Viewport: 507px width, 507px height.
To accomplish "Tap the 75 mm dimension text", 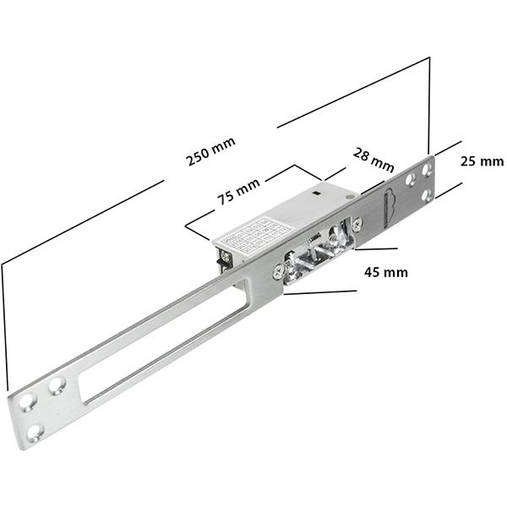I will point(238,194).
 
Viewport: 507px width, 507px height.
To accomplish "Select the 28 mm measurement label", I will point(373,158).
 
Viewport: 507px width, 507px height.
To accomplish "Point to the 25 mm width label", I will point(482,160).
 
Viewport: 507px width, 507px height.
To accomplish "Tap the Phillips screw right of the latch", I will point(357,223).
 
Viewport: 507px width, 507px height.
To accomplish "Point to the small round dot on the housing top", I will point(349,195).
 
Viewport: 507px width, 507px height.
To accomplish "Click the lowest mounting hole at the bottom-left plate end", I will point(35,432).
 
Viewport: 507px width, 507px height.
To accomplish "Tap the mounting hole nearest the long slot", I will point(57,386).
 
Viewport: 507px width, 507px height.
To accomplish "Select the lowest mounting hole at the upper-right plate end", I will point(425,195).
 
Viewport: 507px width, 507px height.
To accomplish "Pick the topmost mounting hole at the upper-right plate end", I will point(425,170).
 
